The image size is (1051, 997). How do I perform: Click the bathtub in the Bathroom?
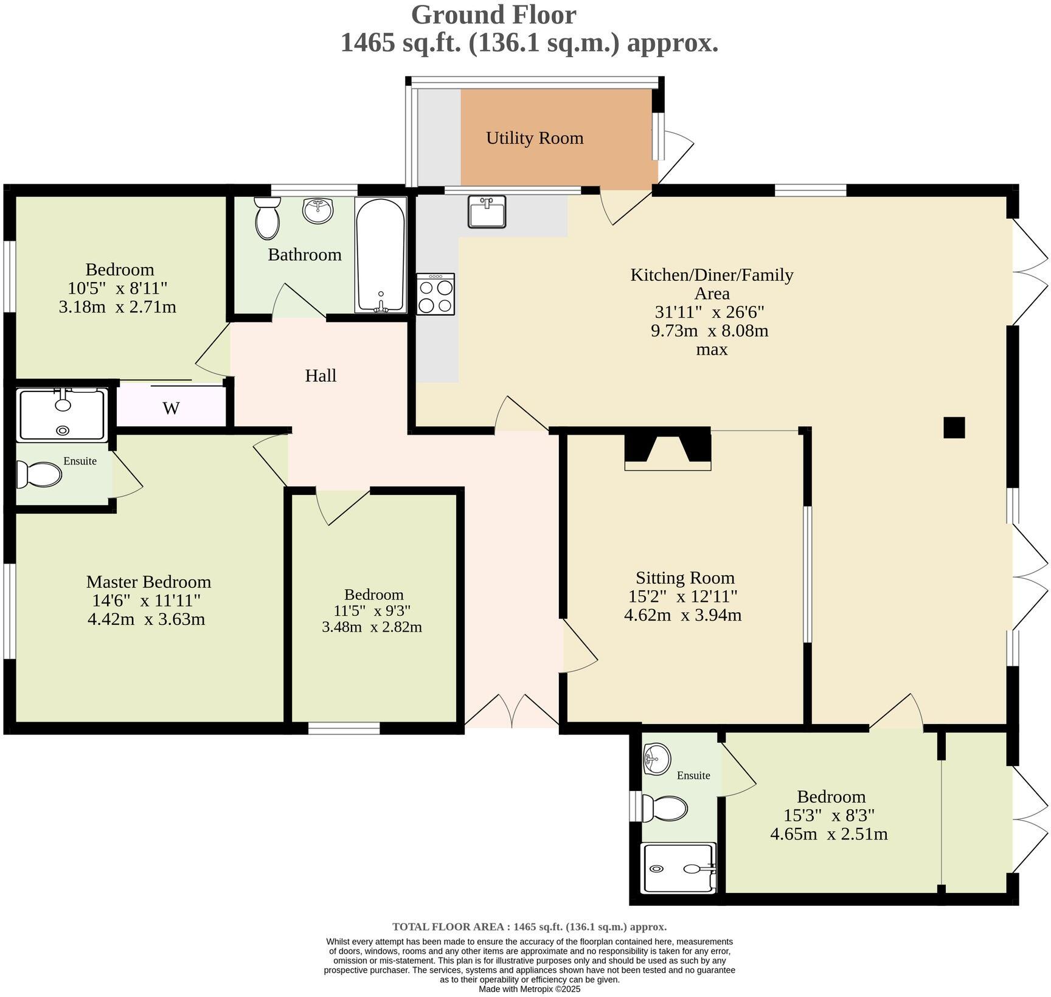tap(381, 255)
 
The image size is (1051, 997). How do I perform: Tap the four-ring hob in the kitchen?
tap(435, 294)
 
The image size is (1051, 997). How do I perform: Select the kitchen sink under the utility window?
tap(487, 212)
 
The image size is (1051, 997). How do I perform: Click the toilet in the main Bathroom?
tap(267, 218)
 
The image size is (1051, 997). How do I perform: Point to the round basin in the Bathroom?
tap(317, 210)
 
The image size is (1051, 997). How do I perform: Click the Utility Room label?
tap(535, 139)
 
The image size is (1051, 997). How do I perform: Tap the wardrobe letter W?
tap(171, 409)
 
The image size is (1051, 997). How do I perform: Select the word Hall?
tap(321, 376)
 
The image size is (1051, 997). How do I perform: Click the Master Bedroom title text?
tap(148, 582)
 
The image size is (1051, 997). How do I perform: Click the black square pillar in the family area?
tap(954, 427)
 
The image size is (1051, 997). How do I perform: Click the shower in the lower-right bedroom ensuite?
tap(679, 868)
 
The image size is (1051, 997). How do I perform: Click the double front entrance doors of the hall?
tap(512, 711)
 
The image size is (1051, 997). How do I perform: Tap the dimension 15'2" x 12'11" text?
tap(683, 596)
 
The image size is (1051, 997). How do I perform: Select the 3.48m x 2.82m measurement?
tap(372, 627)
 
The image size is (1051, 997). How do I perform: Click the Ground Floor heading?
tap(493, 15)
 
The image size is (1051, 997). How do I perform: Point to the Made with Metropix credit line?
tap(529, 989)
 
